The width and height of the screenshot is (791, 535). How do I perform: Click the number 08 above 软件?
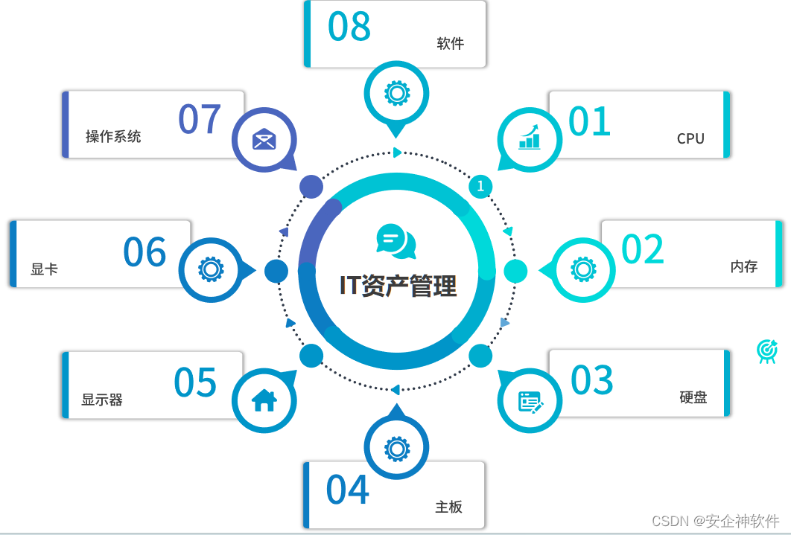pyautogui.click(x=349, y=27)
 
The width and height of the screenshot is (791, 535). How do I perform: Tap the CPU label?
pyautogui.click(x=690, y=138)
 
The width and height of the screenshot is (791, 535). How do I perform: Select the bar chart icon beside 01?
pyautogui.click(x=530, y=137)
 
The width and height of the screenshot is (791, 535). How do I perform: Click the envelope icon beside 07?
pyautogui.click(x=264, y=139)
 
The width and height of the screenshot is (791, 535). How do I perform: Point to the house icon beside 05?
pyautogui.click(x=264, y=400)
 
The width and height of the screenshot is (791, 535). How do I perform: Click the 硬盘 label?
pyautogui.click(x=693, y=397)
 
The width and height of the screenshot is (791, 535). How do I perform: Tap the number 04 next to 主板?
pyautogui.click(x=348, y=490)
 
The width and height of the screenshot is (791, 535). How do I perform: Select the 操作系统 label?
pyautogui.click(x=113, y=136)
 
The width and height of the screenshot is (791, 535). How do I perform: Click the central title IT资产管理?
pyautogui.click(x=398, y=285)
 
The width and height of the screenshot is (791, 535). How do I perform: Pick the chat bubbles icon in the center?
pyautogui.click(x=396, y=241)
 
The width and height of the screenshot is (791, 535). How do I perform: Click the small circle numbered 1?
pyautogui.click(x=480, y=185)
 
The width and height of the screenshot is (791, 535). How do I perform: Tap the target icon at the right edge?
pyautogui.click(x=766, y=350)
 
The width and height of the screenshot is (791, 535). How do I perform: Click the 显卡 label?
pyautogui.click(x=45, y=269)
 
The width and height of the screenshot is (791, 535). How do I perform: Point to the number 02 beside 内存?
pyautogui.click(x=643, y=250)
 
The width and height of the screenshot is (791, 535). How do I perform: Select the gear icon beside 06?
pyautogui.click(x=211, y=269)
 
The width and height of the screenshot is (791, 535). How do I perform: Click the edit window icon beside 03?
pyautogui.click(x=530, y=402)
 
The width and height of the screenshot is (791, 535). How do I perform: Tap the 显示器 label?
pyautogui.click(x=102, y=400)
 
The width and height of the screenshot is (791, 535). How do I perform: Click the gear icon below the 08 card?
pyautogui.click(x=396, y=93)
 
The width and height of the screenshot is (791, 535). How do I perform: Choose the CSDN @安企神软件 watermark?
pyautogui.click(x=715, y=521)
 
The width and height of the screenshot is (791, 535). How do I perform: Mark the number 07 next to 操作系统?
pyautogui.click(x=200, y=119)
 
